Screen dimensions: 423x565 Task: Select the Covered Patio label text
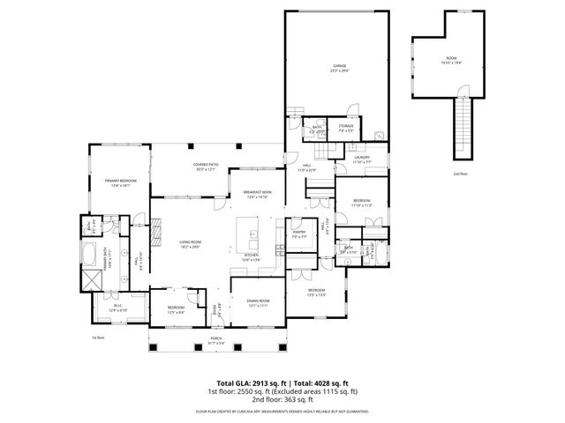coord(205,167)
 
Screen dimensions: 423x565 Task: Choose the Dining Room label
coord(258,303)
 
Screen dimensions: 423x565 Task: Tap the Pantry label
coord(298,234)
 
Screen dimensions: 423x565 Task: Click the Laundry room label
coord(363,160)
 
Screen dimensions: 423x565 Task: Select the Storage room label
coord(346,129)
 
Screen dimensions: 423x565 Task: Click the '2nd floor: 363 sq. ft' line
coord(282,398)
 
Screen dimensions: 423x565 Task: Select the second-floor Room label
coord(450,61)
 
